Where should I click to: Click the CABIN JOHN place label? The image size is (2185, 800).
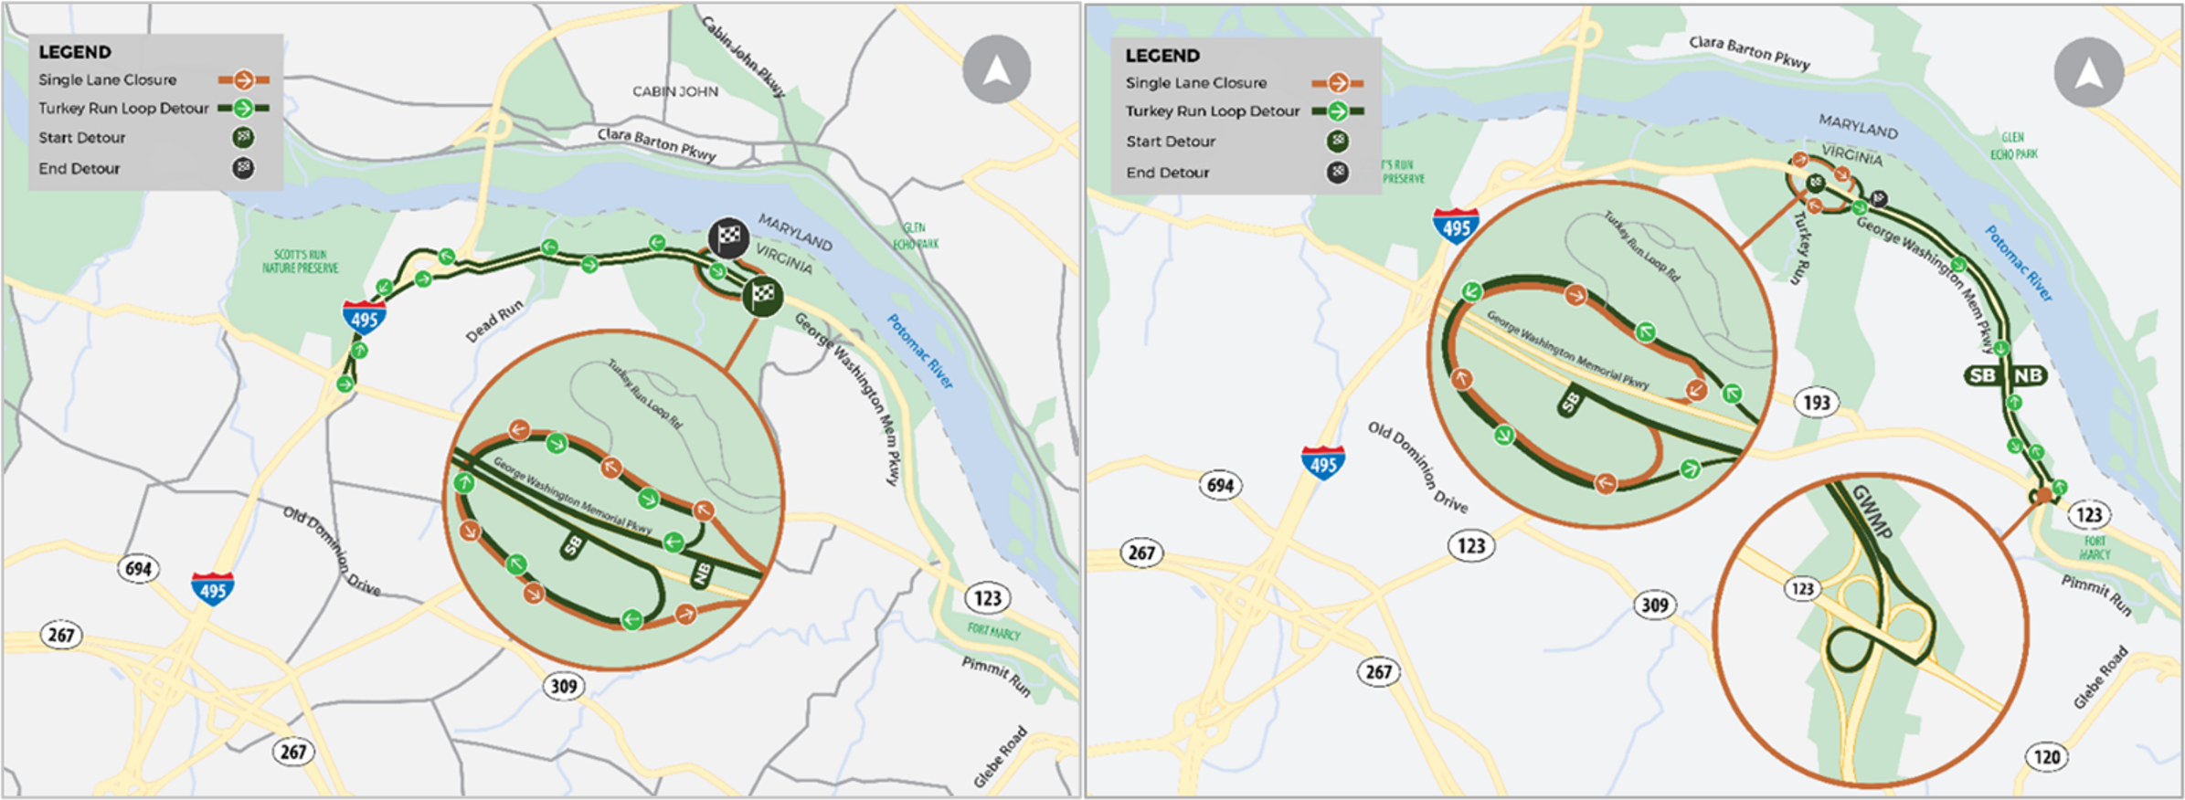coord(675,91)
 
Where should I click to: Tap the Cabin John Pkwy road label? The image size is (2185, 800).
coord(743,56)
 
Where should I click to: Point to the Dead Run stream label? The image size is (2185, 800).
coord(494,321)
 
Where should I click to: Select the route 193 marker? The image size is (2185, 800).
coord(1816,402)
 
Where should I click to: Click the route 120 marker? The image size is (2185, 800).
coord(2047,756)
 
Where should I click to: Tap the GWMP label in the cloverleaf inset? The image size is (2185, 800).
coord(1872,511)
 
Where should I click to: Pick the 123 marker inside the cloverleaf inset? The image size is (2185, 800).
coord(1802,588)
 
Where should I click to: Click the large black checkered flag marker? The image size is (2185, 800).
coord(728,237)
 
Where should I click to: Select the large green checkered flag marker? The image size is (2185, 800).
coord(762,295)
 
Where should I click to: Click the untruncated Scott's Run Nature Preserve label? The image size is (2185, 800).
coord(301,261)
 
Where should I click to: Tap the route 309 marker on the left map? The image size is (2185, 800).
coord(563,685)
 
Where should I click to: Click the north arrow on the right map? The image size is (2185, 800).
coord(2088,72)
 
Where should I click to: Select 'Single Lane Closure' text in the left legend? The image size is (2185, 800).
coord(107,80)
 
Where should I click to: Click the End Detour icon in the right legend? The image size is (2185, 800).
coord(1338,172)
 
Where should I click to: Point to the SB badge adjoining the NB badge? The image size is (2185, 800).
coord(1982,375)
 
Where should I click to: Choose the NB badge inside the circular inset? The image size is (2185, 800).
coord(702,574)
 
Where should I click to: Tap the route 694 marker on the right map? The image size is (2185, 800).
coord(1220,485)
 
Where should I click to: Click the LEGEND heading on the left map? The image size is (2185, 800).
coord(74,52)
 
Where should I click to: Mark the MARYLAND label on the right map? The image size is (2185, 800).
coord(1858,126)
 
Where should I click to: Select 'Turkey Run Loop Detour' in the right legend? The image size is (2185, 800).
coord(1212,111)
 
